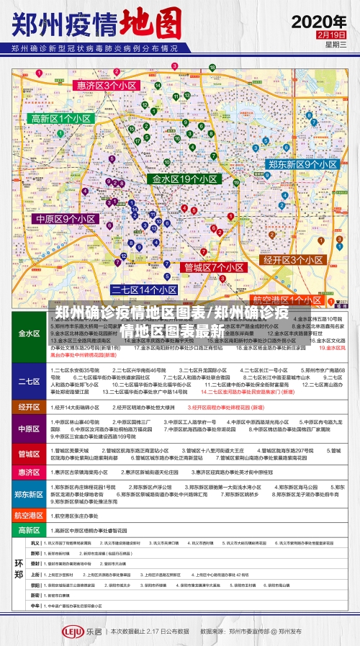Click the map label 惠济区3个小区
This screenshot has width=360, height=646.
click(x=107, y=85)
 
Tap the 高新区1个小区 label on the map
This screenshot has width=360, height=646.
click(x=60, y=119)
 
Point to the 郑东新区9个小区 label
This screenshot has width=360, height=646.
click(x=302, y=165)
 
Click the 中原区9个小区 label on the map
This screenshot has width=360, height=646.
click(x=66, y=218)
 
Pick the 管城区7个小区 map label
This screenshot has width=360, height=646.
click(x=215, y=267)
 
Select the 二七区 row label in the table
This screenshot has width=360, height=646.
click(x=30, y=382)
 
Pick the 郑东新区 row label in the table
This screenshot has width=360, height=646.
click(x=30, y=494)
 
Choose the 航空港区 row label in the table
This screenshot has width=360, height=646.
click(x=30, y=516)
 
